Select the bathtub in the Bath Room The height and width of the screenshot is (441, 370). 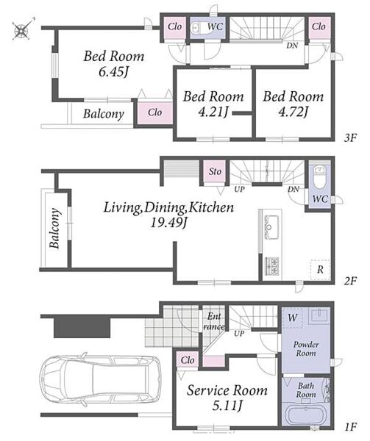305,416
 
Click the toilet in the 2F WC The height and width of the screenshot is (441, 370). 319,177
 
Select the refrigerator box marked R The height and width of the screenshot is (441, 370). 320,270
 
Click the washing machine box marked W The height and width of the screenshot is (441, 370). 293,318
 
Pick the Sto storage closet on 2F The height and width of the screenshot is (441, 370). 214,171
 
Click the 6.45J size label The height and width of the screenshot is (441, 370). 113,72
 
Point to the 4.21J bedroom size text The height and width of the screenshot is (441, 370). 213,112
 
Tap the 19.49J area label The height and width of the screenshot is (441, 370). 168,223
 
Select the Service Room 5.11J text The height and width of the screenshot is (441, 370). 227,398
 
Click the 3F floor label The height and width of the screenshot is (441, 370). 350,138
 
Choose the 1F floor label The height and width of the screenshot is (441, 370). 350,426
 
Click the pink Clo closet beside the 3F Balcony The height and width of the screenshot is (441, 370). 154,112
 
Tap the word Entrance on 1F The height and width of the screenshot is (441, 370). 214,321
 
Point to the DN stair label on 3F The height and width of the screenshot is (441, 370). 292,46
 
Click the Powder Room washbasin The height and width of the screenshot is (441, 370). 319,315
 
